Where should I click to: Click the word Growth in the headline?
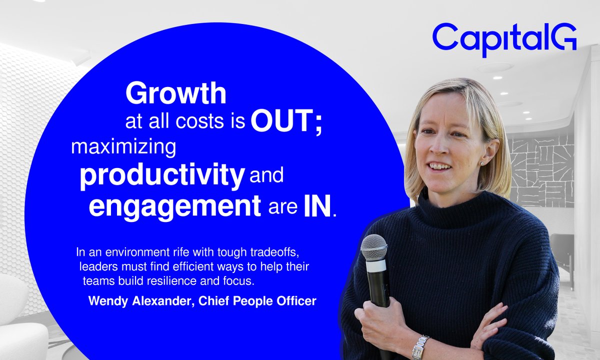(175, 93)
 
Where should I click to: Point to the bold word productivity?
(161, 176)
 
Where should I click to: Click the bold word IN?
(317, 206)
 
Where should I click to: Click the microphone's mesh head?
(373, 246)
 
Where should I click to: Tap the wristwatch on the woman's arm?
(420, 346)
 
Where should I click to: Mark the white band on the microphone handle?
(376, 265)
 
